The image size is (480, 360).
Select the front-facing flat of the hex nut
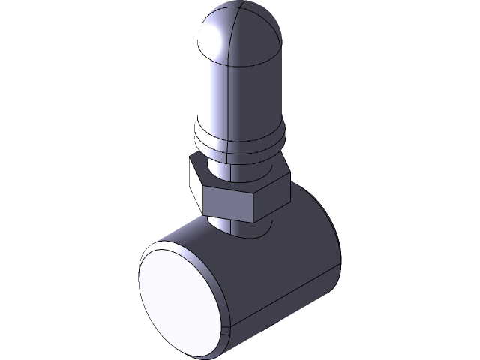click(233, 199)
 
